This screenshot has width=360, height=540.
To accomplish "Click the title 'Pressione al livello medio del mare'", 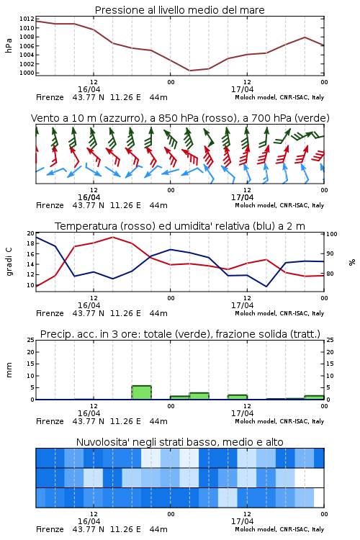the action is pyautogui.click(x=179, y=10).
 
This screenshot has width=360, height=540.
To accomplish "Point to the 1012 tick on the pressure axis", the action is pyautogui.click(x=27, y=19).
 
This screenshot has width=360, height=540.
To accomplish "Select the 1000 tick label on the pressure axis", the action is pyautogui.click(x=27, y=73).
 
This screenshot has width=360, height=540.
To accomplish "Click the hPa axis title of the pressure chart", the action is pyautogui.click(x=9, y=45).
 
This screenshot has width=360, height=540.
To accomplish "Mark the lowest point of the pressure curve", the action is pyautogui.click(x=189, y=71).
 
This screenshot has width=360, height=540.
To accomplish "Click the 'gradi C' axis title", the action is pyautogui.click(x=9, y=262).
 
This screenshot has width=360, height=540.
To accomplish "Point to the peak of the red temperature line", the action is pyautogui.click(x=112, y=238).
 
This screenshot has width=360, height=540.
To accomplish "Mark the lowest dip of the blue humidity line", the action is pyautogui.click(x=266, y=287).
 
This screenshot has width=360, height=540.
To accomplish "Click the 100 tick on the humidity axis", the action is pyautogui.click(x=332, y=234).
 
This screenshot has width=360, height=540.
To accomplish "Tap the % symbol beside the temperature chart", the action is pyautogui.click(x=352, y=262).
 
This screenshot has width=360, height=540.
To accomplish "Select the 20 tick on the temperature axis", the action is pyautogui.click(x=31, y=233).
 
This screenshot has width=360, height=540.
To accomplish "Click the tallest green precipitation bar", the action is pyautogui.click(x=141, y=392).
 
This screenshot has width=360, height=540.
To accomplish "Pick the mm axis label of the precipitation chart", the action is pyautogui.click(x=9, y=370).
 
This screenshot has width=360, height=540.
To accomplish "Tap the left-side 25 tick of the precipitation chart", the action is pyautogui.click(x=31, y=340).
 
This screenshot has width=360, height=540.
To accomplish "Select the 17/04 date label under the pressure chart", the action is pyautogui.click(x=242, y=89).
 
